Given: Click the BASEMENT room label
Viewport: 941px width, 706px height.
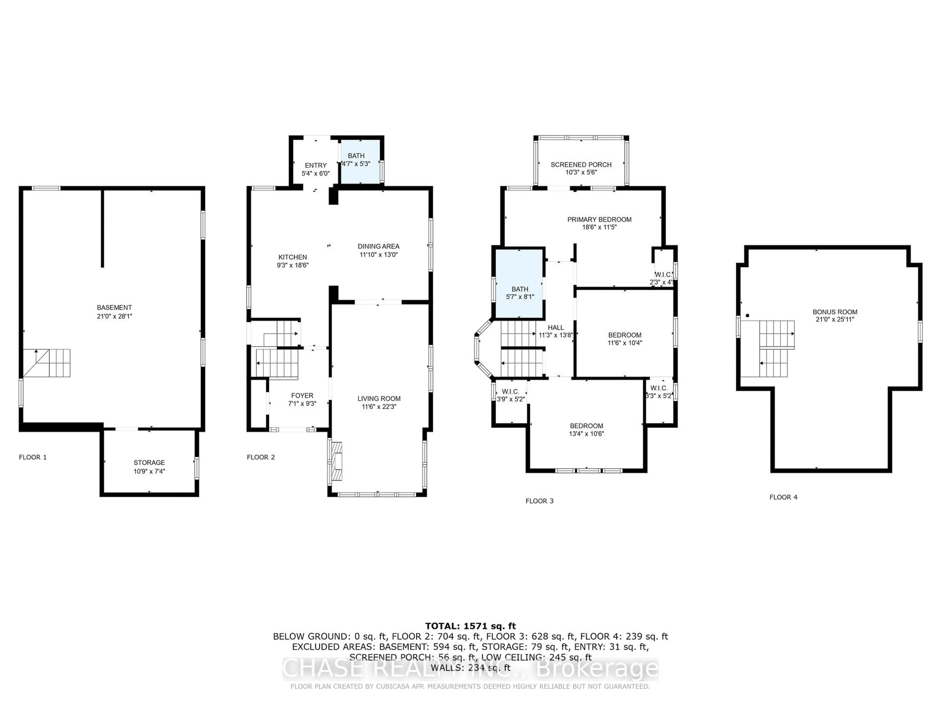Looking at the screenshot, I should click(x=114, y=307).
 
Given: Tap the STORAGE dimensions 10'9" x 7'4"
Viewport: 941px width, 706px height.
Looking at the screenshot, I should click(x=149, y=471).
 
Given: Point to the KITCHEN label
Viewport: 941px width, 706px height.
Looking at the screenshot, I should click(x=292, y=257).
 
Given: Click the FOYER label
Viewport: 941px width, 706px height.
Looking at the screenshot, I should click(x=302, y=395).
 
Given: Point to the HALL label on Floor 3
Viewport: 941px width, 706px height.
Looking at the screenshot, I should click(x=556, y=327).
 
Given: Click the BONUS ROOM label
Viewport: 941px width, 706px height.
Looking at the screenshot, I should click(x=835, y=312).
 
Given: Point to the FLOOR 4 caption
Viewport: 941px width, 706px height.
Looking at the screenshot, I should click(x=783, y=497).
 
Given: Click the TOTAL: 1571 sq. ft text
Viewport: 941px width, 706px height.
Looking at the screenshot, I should click(x=470, y=626).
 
